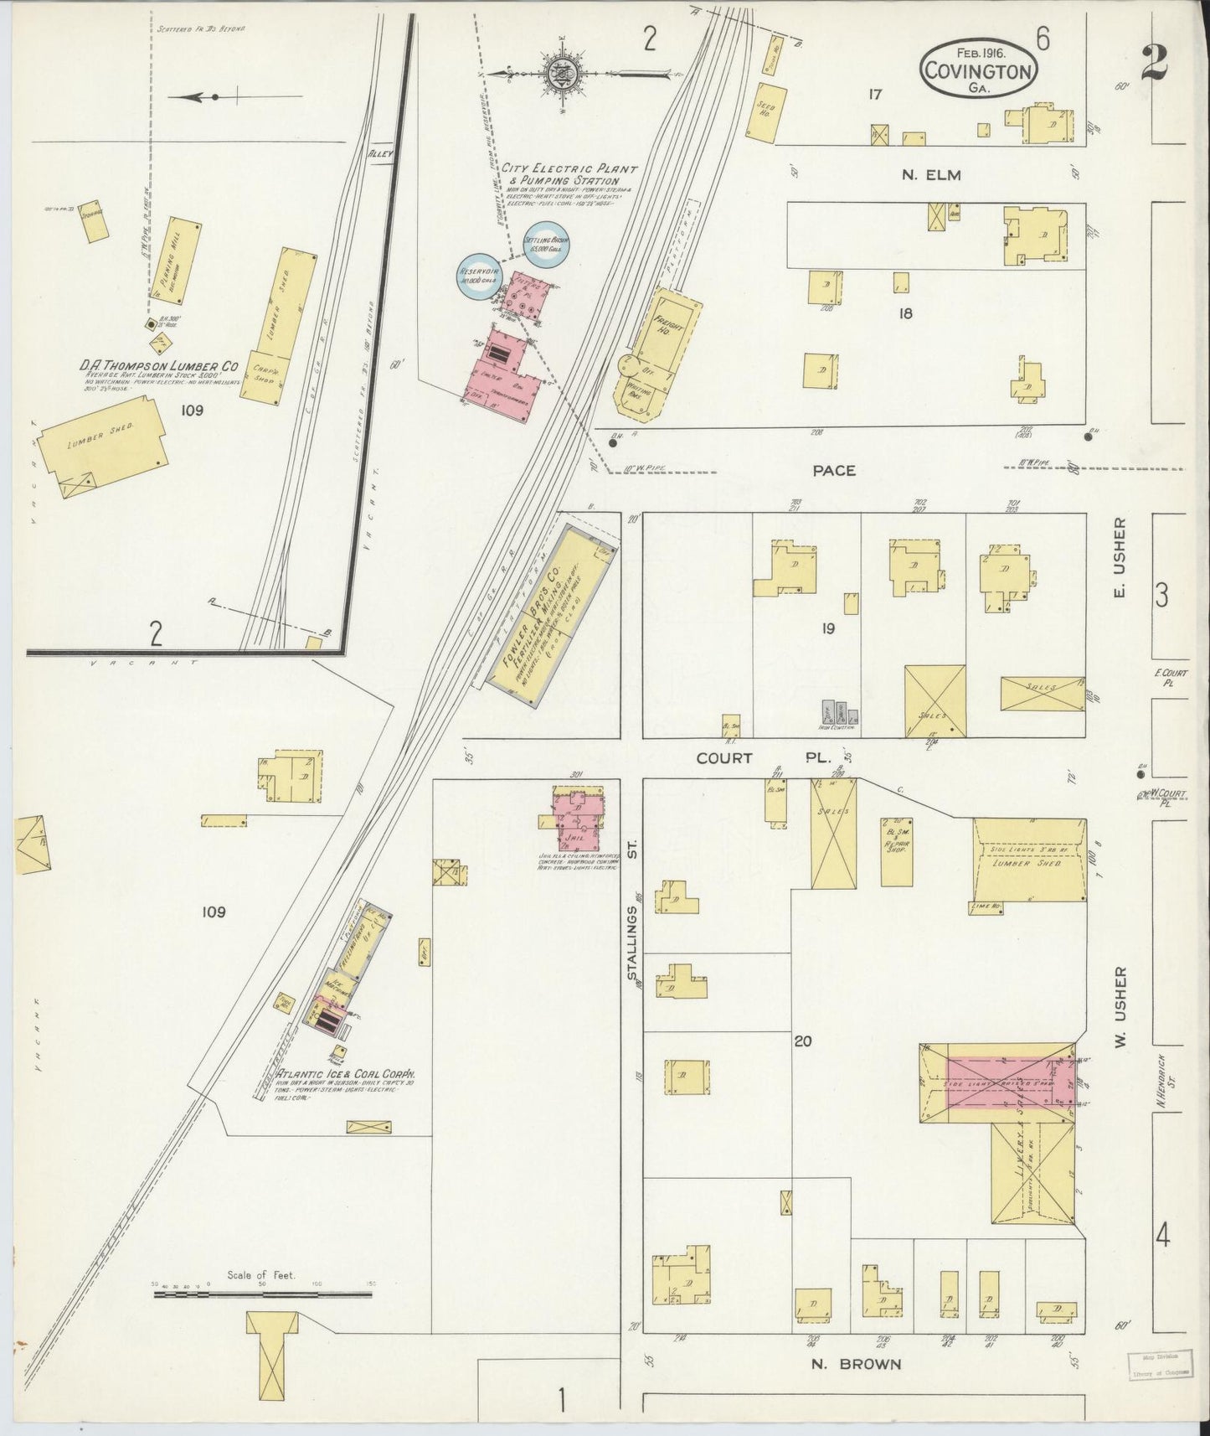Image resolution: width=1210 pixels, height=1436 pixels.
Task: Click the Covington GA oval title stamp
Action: pos(977,70)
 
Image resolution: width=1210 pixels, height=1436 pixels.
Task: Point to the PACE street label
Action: pos(834,471)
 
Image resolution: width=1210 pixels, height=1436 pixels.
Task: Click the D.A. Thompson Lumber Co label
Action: pos(160,366)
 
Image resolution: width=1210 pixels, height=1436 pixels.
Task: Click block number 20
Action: pos(803,1041)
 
